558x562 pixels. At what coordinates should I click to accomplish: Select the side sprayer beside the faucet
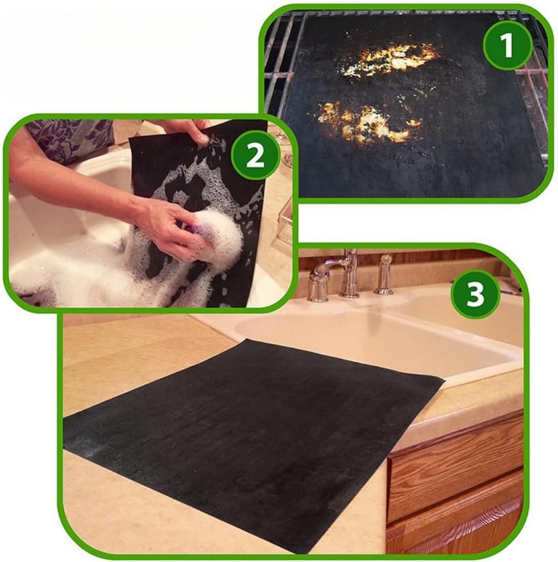point(385,274)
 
